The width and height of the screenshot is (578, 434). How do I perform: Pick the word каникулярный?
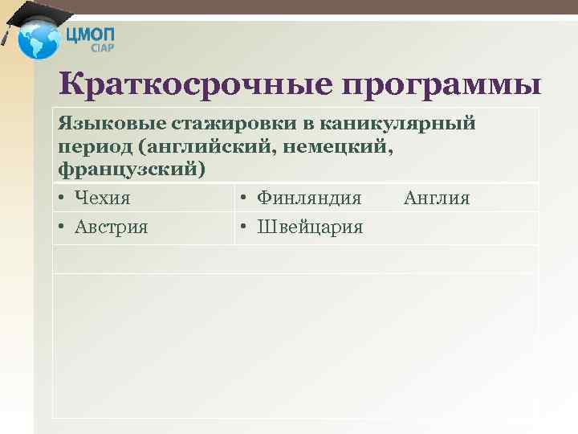click(409, 124)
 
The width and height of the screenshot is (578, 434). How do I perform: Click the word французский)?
click(132, 170)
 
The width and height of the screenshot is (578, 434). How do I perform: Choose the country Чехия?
click(103, 198)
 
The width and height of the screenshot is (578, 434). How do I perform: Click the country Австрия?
click(112, 227)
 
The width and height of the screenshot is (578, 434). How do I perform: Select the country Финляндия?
click(309, 198)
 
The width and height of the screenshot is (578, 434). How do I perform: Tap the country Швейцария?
click(311, 227)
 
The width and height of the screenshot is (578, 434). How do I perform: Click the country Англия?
click(437, 198)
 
